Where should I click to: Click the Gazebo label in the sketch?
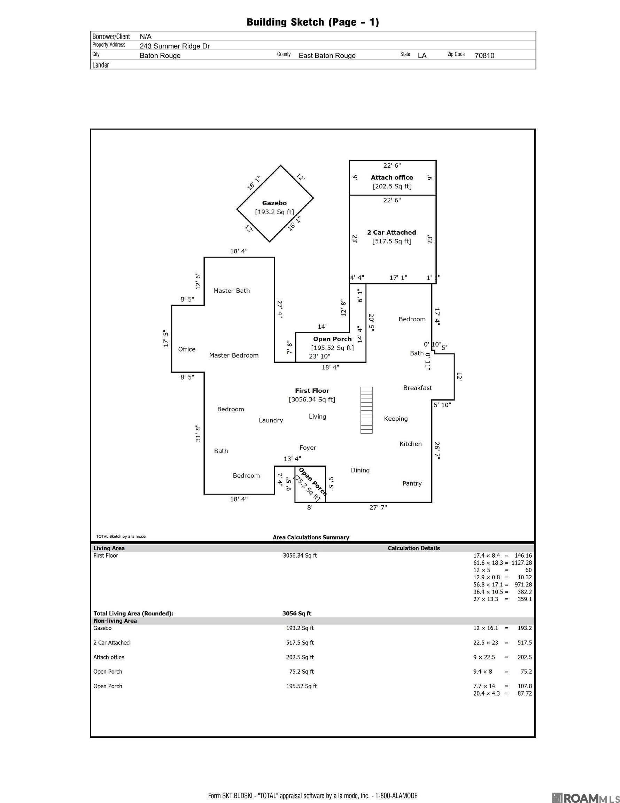point(274,203)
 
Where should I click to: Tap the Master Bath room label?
point(232,291)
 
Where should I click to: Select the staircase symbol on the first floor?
point(366,410)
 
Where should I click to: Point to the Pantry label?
point(412,483)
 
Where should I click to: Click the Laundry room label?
point(271,420)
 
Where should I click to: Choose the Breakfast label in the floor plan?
point(418,388)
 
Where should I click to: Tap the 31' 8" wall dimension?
point(198,433)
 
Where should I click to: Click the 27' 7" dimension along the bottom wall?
point(378,507)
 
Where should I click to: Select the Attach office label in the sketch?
point(392,178)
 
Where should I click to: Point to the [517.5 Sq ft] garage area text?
point(392,242)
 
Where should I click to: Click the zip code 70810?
point(485,55)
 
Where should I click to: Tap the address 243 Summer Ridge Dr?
point(175,46)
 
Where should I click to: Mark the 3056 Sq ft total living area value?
point(296,613)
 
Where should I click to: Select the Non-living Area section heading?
point(115,621)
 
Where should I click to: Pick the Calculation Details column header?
point(413,548)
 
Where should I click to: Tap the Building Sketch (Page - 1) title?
point(313,22)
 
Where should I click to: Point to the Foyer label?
point(308,448)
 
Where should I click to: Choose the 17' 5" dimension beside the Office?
point(166,339)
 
